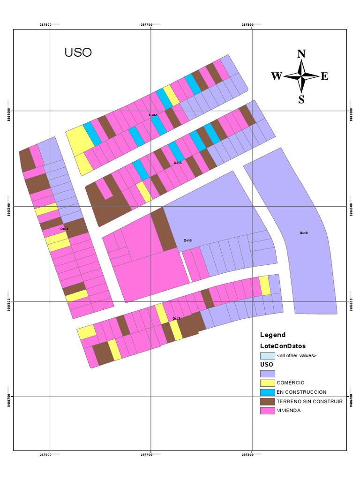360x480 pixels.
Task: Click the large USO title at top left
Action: point(78,52)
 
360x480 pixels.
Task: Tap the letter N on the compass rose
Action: point(301,53)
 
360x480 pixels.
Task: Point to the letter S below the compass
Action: point(301,99)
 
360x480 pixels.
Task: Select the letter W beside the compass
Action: point(277,76)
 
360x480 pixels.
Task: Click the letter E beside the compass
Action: point(324,76)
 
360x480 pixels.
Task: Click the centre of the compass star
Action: point(301,75)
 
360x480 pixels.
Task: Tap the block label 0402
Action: point(153,115)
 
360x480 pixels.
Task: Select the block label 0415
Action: point(178,163)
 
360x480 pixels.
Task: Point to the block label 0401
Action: point(64,229)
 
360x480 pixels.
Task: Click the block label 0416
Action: point(187,240)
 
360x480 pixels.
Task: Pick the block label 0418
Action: point(304,233)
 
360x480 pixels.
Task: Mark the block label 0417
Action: point(176,319)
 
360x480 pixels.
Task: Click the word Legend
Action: point(273,335)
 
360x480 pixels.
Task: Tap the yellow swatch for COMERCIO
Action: point(267,383)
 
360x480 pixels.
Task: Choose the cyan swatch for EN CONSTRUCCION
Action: point(267,392)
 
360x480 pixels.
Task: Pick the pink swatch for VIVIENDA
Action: point(267,411)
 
